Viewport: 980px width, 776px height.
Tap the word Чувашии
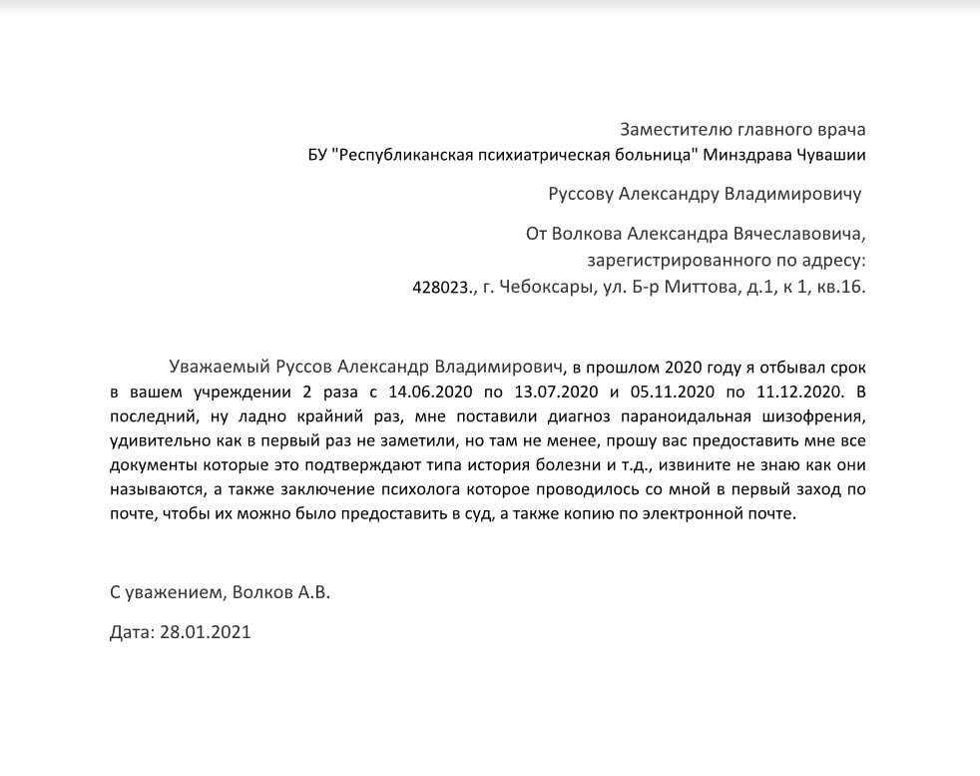click(833, 155)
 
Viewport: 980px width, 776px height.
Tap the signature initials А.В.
click(313, 592)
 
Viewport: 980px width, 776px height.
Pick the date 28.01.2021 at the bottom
click(205, 632)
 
